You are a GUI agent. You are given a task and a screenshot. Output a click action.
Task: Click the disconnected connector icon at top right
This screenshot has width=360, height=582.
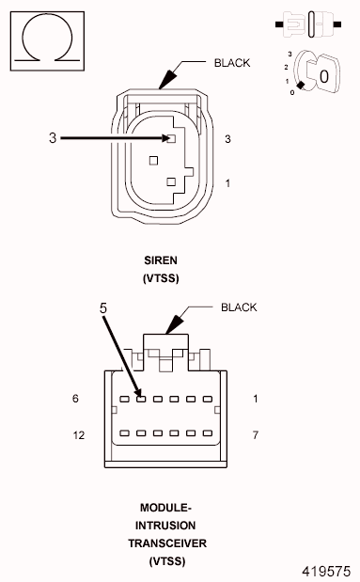click(309, 20)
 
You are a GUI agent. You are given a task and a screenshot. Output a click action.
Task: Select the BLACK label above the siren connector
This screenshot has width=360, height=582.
click(232, 64)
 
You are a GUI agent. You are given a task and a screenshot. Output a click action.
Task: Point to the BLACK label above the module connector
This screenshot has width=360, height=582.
click(239, 307)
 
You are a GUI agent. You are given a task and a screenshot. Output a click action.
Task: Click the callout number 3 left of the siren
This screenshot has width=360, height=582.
click(53, 138)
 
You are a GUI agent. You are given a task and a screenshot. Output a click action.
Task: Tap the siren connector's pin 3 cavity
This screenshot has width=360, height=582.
click(171, 139)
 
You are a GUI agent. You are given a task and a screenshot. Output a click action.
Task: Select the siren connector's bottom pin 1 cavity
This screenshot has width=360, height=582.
click(170, 181)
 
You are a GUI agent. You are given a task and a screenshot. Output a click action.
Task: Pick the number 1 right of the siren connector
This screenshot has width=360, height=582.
click(227, 182)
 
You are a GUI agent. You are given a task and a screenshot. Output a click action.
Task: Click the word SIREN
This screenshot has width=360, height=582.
click(160, 260)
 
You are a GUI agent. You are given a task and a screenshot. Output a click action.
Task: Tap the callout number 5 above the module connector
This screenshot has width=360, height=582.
click(103, 307)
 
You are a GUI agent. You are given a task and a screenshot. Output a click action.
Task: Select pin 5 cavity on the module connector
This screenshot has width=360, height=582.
click(138, 399)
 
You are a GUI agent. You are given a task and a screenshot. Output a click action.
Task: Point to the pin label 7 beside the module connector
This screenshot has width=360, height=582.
click(255, 435)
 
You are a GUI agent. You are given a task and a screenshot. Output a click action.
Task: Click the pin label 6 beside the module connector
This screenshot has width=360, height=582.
click(75, 399)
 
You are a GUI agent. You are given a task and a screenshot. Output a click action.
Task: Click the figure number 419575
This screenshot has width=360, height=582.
click(325, 570)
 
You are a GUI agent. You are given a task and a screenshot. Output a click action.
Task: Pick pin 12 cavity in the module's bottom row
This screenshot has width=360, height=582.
click(121, 434)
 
